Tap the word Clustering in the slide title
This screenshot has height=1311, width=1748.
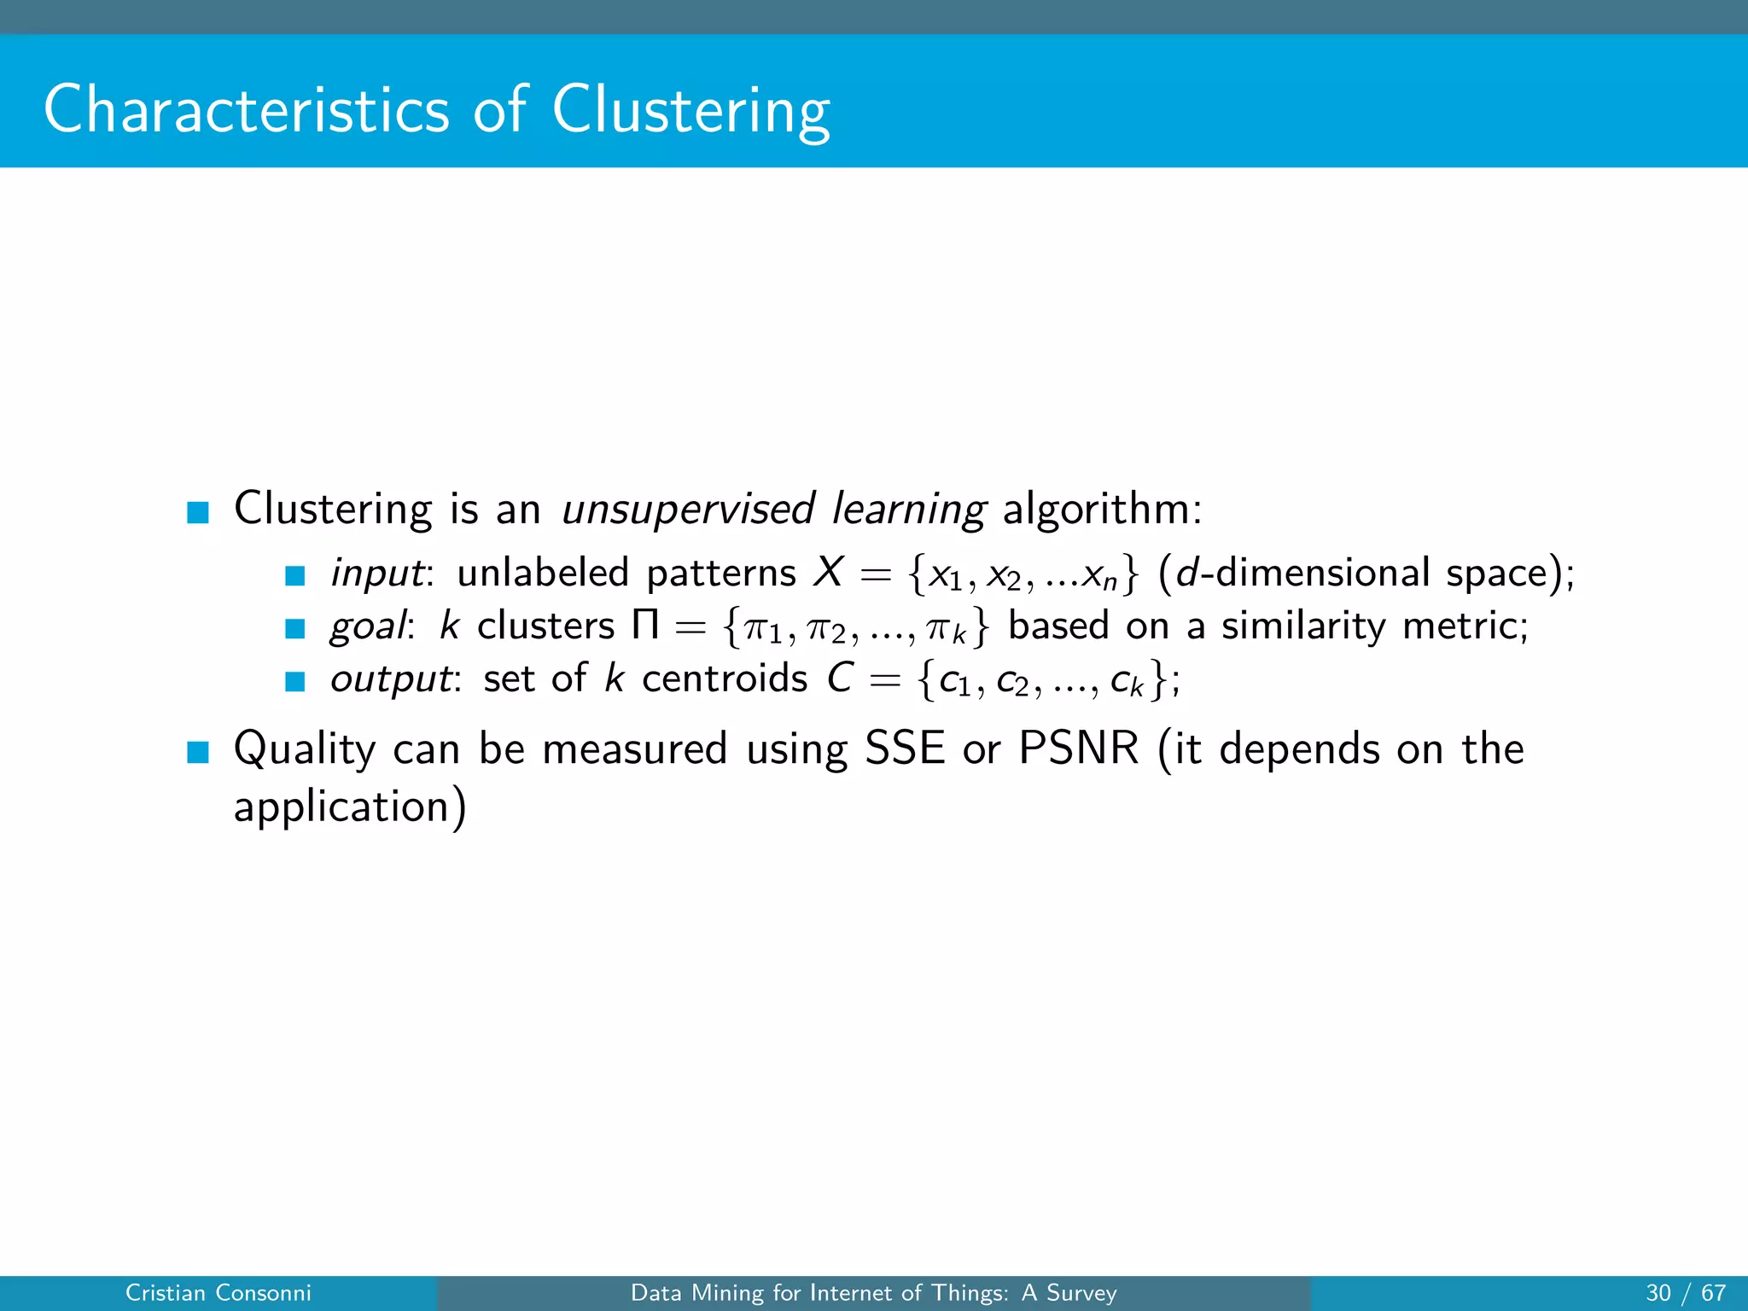coord(690,111)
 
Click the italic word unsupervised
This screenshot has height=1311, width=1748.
coord(688,510)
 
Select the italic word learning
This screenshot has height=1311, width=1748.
coord(908,510)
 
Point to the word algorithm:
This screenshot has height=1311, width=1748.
coord(1102,510)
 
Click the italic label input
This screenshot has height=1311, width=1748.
coord(376,573)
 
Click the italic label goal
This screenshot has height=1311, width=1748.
coord(368,626)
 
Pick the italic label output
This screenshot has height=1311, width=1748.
coord(391,679)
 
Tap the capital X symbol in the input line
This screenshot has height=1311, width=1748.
coord(827,572)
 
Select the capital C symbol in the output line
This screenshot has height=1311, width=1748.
coord(840,679)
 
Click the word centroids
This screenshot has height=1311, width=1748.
coord(724,679)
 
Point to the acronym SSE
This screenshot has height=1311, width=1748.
coord(905,749)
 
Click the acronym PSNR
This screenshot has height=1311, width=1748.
coord(1079,749)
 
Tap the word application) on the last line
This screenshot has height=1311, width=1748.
coord(350,807)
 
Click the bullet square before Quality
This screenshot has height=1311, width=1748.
coord(198,752)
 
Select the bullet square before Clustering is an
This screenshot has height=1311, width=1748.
coord(198,512)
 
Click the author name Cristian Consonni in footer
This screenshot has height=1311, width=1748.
coord(218,1293)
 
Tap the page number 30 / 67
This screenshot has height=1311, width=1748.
coord(1685,1293)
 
